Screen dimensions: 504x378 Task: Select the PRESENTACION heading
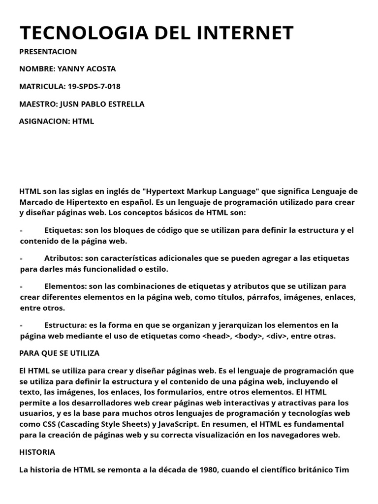click(x=48, y=51)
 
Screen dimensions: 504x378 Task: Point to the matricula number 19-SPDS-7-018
click(x=94, y=86)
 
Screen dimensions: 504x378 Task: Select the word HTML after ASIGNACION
click(x=83, y=121)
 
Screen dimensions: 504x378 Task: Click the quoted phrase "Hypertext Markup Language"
click(x=201, y=191)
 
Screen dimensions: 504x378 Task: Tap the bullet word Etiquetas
click(x=63, y=230)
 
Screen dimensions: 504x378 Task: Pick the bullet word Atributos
click(x=63, y=258)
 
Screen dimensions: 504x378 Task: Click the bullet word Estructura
click(x=64, y=325)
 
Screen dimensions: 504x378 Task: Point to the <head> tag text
click(x=217, y=336)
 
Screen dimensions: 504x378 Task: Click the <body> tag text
click(x=249, y=336)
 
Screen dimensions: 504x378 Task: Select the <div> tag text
click(x=277, y=336)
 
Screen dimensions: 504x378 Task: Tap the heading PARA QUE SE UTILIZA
click(x=59, y=353)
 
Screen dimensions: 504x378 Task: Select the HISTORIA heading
click(x=37, y=452)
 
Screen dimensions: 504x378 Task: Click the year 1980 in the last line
click(x=209, y=470)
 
